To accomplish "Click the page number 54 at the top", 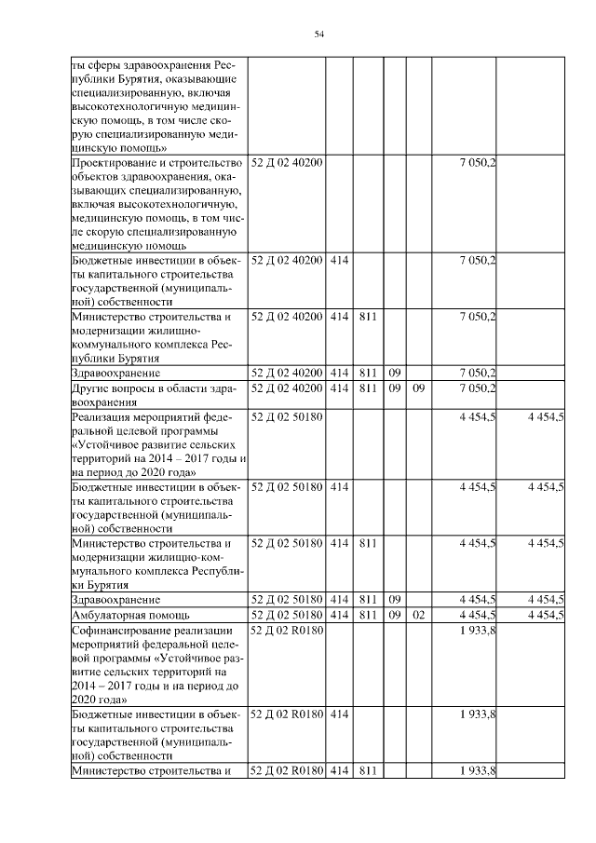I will (x=318, y=34).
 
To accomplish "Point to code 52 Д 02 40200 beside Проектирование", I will (x=287, y=163).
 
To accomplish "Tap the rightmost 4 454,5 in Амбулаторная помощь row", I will (x=545, y=615).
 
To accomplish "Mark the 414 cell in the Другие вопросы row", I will (x=338, y=387).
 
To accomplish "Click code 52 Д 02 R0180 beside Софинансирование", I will (x=287, y=631).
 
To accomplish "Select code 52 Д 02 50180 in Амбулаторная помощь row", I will (x=287, y=615).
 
